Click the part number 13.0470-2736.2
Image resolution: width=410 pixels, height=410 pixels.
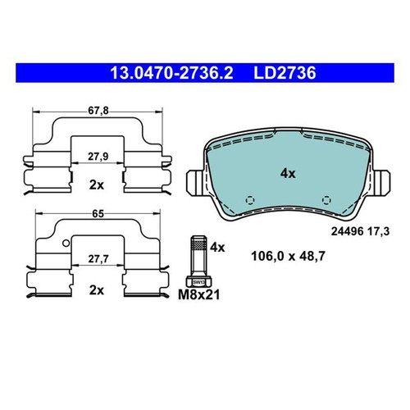tap(171, 73)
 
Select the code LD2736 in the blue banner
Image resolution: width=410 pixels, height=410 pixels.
tap(285, 73)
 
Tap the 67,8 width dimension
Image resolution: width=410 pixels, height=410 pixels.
tap(98, 111)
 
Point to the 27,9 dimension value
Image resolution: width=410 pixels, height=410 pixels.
tap(98, 157)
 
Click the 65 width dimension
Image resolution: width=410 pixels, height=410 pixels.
tap(98, 214)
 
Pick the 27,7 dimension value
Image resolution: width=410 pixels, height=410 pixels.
tap(98, 258)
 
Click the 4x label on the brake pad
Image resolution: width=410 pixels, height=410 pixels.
tap(288, 174)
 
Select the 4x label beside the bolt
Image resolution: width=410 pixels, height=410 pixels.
tap(217, 248)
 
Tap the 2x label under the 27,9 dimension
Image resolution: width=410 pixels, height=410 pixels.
tap(97, 185)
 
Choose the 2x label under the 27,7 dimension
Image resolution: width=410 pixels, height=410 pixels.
tap(97, 290)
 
